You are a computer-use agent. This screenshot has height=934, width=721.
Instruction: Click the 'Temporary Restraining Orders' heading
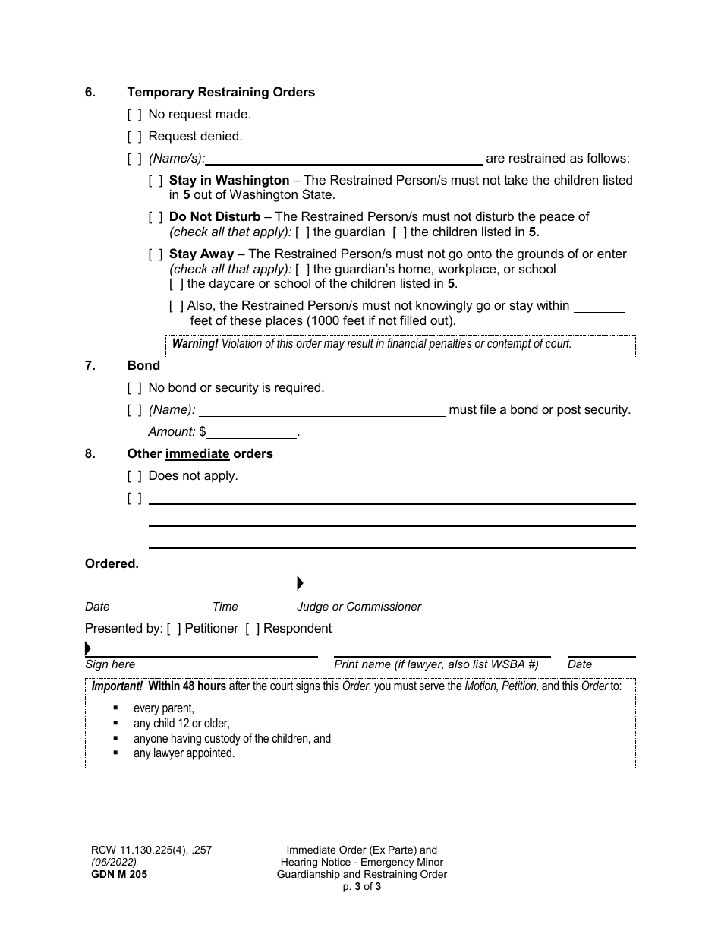point(221,93)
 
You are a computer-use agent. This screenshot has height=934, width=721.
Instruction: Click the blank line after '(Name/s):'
point(344,159)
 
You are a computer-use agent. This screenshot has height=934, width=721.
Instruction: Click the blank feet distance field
point(599,306)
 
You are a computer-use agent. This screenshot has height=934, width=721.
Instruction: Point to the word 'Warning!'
point(195,344)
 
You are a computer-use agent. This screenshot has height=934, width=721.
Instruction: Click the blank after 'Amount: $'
point(251,432)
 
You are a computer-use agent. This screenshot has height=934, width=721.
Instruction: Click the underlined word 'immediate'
point(197,454)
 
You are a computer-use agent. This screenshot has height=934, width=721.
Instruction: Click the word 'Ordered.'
point(112,564)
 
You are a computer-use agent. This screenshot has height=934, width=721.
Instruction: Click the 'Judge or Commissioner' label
point(358,607)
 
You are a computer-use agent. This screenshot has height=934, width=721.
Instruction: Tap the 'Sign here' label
point(110,664)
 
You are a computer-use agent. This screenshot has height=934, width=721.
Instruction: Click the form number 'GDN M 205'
point(116,874)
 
